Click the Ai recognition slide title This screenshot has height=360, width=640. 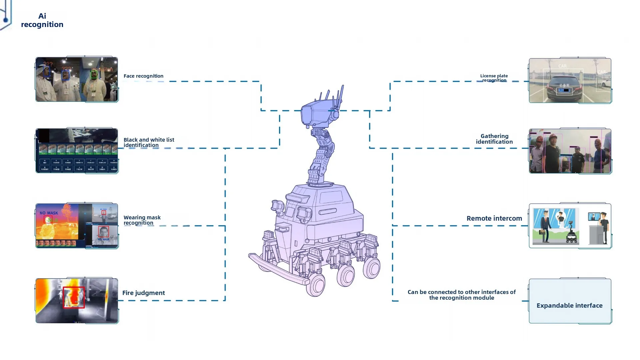point(42,20)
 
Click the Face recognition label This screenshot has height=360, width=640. point(143,76)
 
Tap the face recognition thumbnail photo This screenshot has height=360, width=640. point(77,79)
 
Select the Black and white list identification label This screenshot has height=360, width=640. point(149,142)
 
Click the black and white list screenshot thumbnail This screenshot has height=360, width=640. point(77,151)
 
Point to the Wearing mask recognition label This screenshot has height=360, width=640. point(142,220)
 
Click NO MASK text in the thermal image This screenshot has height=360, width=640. point(49,213)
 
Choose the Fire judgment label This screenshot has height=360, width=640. point(143,293)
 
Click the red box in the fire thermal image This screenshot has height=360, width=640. point(74,297)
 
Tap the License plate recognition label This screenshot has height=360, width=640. point(494,78)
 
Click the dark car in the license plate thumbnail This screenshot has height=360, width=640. point(564,88)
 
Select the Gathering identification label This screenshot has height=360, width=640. point(494,139)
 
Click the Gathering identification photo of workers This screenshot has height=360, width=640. point(570,151)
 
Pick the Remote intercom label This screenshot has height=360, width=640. point(494,218)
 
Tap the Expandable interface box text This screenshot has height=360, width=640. point(569,305)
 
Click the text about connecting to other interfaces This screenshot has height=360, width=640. point(461,295)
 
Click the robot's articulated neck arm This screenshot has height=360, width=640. point(322,155)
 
